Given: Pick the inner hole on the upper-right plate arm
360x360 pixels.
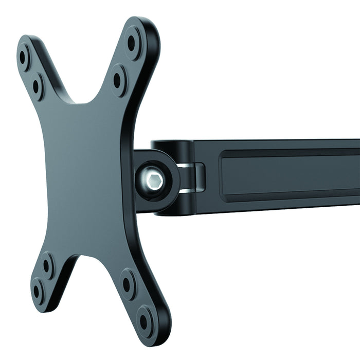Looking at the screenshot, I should (117, 80).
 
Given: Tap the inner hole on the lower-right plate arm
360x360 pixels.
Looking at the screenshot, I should (128, 283).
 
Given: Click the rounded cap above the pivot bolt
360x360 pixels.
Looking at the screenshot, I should (170, 145).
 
